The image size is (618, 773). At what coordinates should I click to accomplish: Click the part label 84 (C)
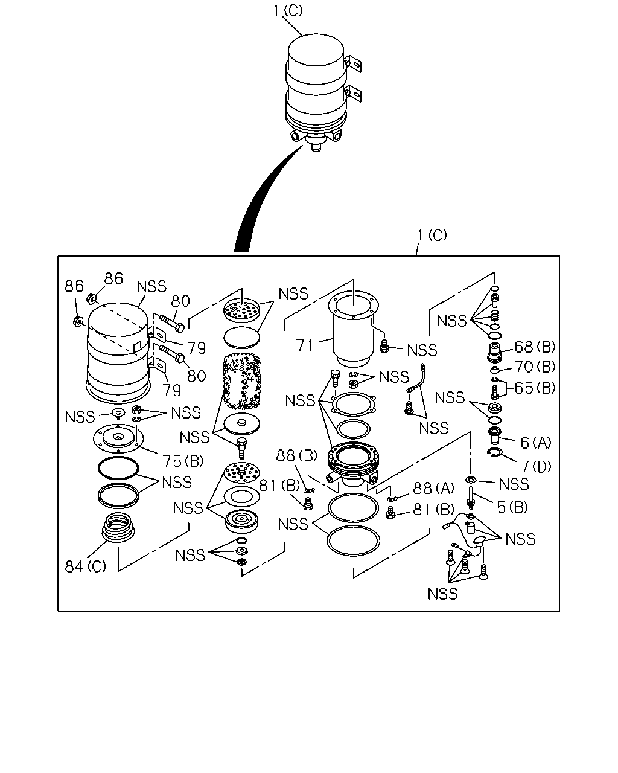point(86,566)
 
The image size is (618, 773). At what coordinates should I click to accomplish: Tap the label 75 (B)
point(183,461)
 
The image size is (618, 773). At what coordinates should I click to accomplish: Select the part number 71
point(305,345)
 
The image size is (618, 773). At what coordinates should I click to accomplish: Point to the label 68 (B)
point(535,347)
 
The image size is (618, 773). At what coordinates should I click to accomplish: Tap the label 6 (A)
point(536,443)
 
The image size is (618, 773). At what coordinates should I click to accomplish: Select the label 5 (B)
point(512,507)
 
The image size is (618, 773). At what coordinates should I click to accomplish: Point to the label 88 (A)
point(434,488)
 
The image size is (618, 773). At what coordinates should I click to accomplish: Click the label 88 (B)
point(296,455)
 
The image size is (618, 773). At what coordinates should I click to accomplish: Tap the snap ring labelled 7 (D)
point(494,454)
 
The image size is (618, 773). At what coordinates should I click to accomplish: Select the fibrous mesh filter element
point(241,382)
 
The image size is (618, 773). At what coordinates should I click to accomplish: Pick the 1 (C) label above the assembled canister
point(288,11)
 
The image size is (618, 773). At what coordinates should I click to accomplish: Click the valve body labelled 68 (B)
point(494,352)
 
